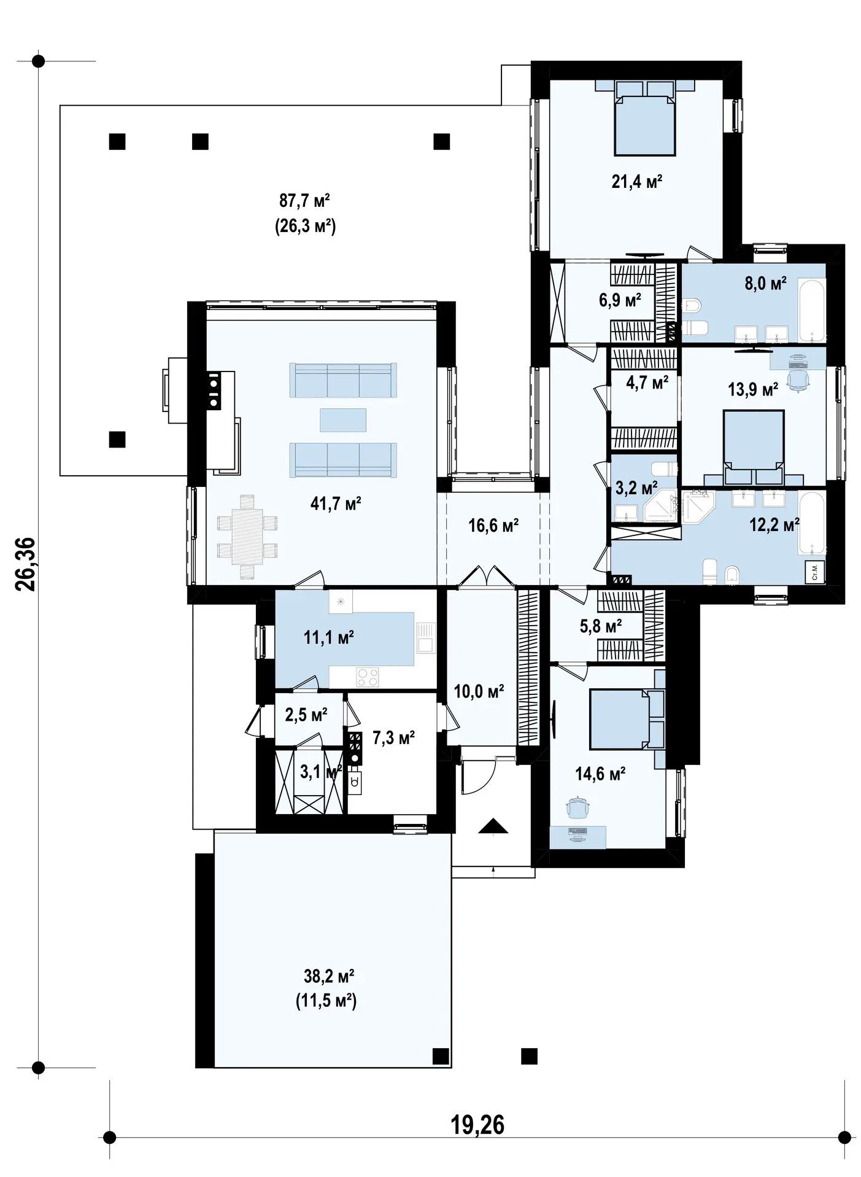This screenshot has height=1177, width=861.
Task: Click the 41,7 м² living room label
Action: point(336,504)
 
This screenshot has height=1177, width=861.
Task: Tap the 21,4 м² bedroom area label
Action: point(637,181)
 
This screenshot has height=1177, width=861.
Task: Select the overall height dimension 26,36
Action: point(26,564)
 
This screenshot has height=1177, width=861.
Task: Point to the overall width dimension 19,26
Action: point(477,1125)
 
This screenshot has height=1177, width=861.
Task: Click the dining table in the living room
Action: point(247,537)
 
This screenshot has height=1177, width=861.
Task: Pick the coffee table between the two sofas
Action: point(343,420)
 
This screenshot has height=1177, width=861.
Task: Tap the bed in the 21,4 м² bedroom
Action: point(645,118)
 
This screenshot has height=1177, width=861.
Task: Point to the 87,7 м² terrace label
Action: point(305,201)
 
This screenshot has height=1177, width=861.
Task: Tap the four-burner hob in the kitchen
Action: point(368,677)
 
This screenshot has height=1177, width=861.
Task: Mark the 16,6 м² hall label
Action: point(494,526)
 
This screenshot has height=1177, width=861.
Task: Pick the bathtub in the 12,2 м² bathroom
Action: point(811,522)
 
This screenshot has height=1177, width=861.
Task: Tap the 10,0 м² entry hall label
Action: point(479,692)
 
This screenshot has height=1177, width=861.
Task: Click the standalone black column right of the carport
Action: point(529,1056)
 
